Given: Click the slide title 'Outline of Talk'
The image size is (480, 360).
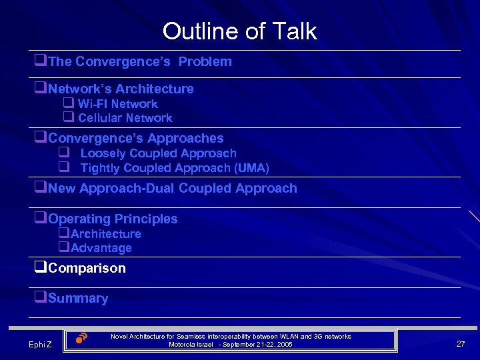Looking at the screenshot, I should (x=239, y=31).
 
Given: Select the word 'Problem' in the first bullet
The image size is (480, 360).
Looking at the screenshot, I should (x=205, y=62).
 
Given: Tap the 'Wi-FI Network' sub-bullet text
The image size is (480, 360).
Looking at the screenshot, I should (x=117, y=104).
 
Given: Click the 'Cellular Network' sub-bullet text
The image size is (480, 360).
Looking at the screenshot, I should (x=125, y=118).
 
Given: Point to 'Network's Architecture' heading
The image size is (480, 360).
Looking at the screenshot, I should (x=121, y=89).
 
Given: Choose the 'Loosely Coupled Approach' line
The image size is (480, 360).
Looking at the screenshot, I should (x=158, y=153).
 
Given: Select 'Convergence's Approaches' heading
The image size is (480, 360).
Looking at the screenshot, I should (x=136, y=139).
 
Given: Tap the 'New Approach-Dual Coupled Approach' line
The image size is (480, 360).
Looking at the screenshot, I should (x=173, y=189).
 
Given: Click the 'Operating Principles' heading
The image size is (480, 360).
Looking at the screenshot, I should (x=113, y=219).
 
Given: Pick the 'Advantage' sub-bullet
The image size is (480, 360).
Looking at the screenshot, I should (x=101, y=248).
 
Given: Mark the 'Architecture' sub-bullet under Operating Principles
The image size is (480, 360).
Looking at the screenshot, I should (x=106, y=234).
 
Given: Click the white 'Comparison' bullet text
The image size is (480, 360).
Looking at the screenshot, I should (x=87, y=269).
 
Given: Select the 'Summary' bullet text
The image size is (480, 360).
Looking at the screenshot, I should (x=78, y=299).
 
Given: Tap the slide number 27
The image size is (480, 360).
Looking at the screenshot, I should (x=460, y=343).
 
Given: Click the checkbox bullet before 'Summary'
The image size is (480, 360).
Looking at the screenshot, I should (x=41, y=298).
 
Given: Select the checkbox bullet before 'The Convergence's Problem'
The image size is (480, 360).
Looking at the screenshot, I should (x=41, y=61).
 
